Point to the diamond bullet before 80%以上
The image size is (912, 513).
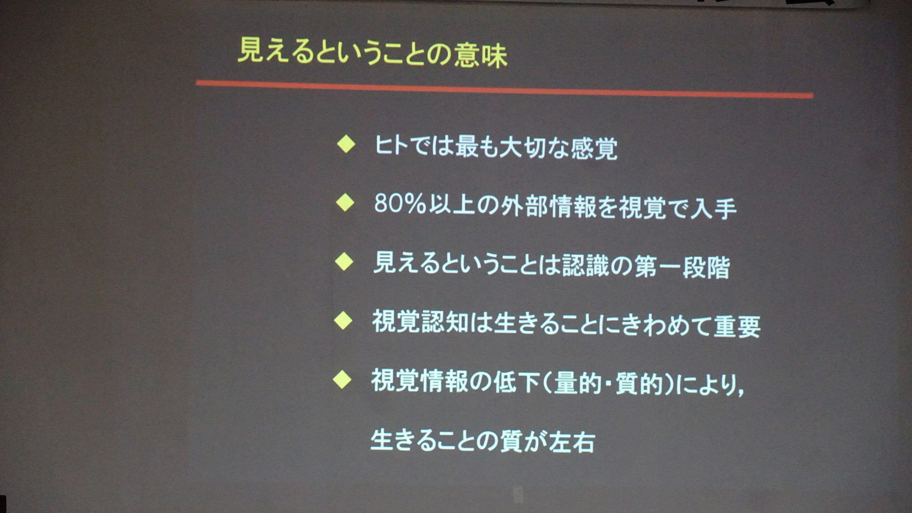click(x=345, y=203)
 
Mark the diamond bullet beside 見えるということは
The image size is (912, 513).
click(x=344, y=262)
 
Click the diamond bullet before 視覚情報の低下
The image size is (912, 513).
click(x=342, y=380)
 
